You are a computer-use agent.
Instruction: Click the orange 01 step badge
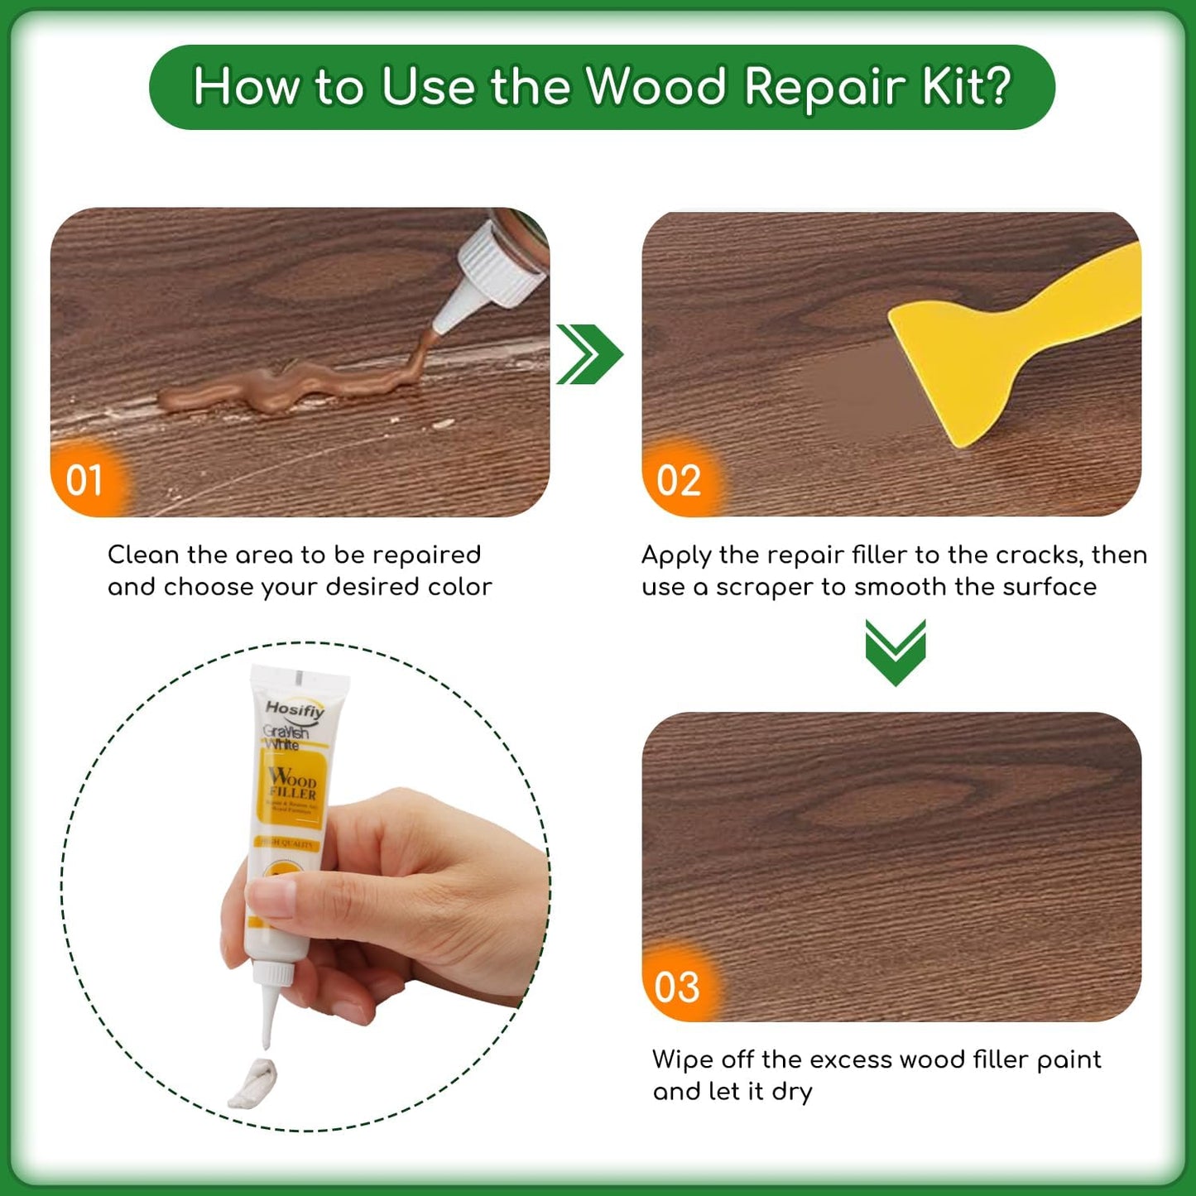(x=84, y=481)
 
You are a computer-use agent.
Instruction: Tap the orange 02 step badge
(x=679, y=481)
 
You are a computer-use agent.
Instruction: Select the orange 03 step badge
(x=677, y=987)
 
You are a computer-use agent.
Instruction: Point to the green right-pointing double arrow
(x=588, y=354)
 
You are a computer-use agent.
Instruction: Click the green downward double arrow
(x=896, y=651)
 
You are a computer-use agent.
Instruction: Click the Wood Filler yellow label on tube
(x=291, y=786)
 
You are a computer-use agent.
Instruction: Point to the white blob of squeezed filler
(x=252, y=1084)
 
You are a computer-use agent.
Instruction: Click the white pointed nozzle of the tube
(x=269, y=1014)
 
